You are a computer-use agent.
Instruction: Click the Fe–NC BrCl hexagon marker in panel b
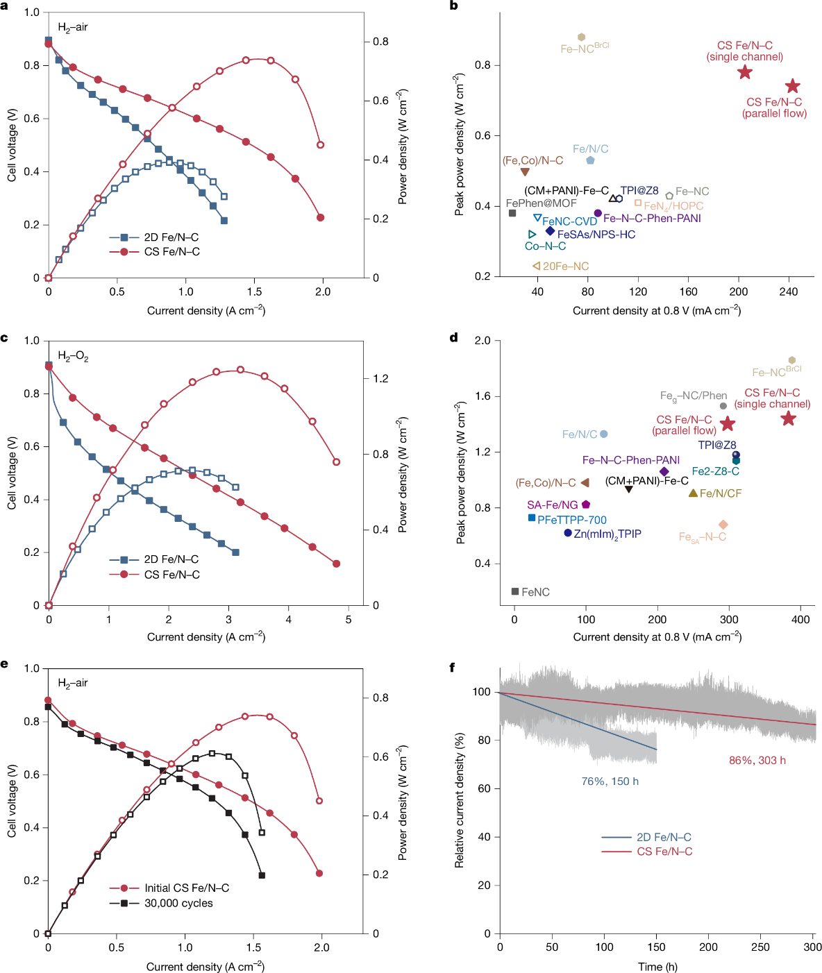581,37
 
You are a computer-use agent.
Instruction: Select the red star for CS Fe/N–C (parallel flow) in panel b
792,87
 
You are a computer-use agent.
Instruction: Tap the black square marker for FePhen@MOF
512,213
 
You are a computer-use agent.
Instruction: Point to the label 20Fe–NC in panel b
565,266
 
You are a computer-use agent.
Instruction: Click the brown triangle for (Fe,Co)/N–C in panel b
525,171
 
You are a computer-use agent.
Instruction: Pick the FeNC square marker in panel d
515,591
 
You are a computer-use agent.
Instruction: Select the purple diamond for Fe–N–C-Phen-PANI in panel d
664,472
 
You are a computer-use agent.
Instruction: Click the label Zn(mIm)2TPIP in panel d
607,534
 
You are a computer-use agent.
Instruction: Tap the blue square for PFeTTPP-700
532,518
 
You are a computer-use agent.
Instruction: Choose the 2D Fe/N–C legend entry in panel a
171,237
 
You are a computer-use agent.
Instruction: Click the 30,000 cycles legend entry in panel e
178,903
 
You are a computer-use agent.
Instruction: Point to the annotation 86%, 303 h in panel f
757,761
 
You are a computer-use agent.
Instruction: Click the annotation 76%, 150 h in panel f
610,781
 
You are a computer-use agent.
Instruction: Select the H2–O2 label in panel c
73,357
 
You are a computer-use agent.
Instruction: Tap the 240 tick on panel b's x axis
789,291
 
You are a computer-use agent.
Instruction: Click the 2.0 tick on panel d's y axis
482,341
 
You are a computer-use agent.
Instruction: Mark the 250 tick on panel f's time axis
760,947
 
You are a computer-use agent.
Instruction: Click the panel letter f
453,667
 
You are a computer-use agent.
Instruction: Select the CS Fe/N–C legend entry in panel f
664,852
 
